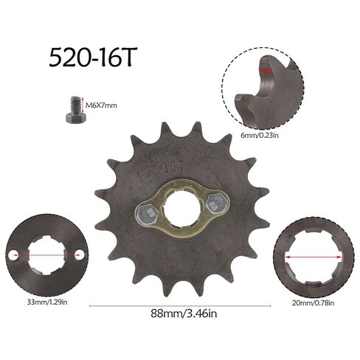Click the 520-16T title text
pyautogui.click(x=93, y=58)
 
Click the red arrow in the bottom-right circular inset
pyautogui.click(x=312, y=255)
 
